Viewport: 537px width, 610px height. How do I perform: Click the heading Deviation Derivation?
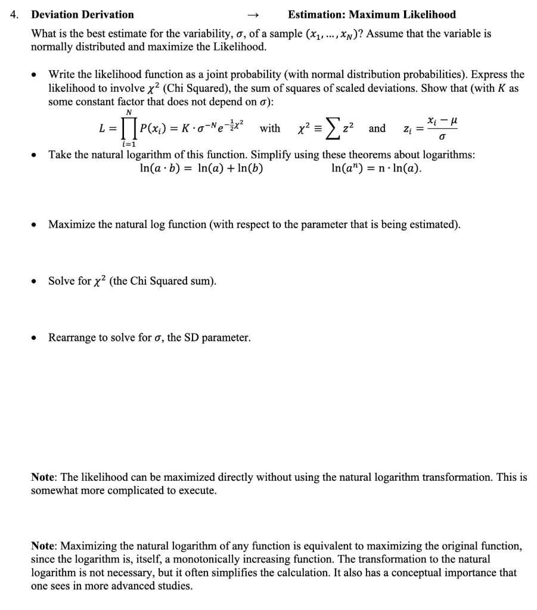tap(82, 14)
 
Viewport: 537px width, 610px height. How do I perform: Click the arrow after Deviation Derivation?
tap(253, 15)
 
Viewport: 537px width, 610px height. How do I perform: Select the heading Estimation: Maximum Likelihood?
tap(371, 14)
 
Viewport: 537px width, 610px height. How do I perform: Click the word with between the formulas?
tap(270, 129)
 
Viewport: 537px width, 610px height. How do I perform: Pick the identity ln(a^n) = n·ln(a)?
tap(376, 169)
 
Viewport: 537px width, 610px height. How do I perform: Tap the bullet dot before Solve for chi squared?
tap(37, 282)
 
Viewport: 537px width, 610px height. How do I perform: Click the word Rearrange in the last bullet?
tap(72, 338)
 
